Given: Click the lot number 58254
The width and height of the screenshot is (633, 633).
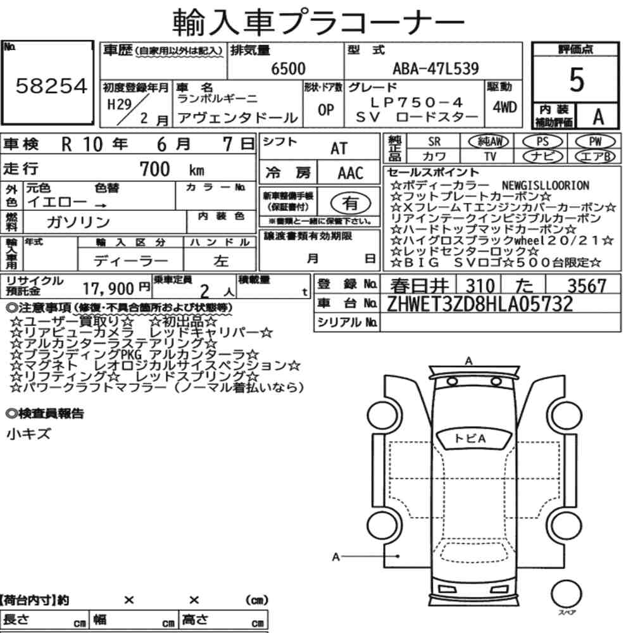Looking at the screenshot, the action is pos(51,86).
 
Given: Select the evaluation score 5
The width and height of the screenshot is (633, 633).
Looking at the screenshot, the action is pos(577,80).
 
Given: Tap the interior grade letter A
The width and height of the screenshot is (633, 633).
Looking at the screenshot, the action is pos(598,117).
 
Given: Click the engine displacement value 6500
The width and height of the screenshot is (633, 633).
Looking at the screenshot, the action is pos(288,68).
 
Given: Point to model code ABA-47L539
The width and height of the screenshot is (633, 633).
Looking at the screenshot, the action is pos(436,68).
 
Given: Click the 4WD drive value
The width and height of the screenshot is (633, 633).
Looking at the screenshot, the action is pos(505,107).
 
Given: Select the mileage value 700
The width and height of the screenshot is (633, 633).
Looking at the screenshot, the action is pos(154,169).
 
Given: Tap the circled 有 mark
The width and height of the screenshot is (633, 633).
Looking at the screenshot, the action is pos(351,203).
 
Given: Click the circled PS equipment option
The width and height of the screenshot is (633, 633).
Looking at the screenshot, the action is pos(542,142).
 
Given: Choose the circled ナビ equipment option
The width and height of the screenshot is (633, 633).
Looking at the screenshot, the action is pos(542,156).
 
